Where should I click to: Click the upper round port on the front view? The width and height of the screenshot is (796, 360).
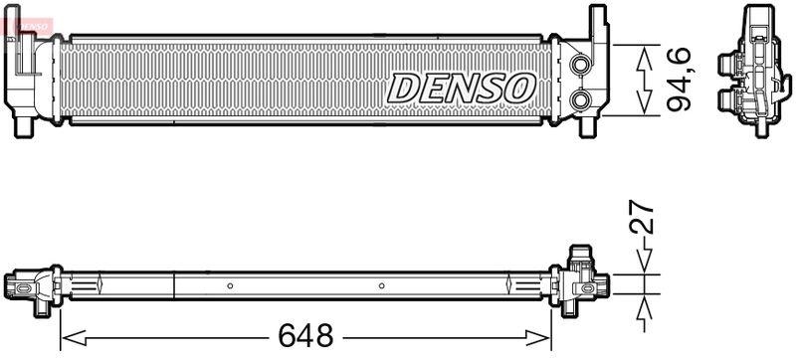579,66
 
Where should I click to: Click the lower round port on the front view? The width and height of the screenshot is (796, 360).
579,100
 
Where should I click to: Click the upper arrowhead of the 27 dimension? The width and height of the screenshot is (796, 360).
644,262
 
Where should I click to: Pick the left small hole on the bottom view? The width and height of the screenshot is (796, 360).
230,285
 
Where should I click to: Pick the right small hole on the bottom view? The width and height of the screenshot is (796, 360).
382,285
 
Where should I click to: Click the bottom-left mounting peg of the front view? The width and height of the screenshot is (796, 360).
22,128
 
